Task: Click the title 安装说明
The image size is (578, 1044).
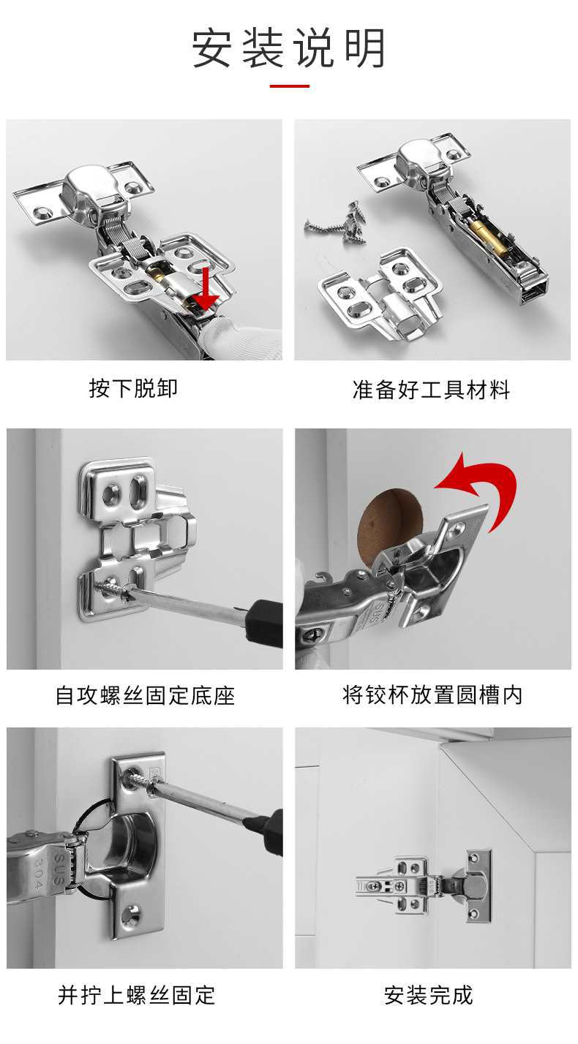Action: pos(289,48)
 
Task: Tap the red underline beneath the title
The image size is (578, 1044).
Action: pos(289,86)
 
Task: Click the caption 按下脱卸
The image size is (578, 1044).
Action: pos(133,388)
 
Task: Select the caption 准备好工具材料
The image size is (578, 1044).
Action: pos(432,390)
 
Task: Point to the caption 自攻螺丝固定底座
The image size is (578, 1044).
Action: pos(145,695)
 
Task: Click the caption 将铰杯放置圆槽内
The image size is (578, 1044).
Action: pos(432,695)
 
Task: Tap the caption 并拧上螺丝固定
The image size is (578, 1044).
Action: pos(136,995)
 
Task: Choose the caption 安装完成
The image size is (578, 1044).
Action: pos(428,995)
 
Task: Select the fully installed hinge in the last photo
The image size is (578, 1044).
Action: pos(424,885)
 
